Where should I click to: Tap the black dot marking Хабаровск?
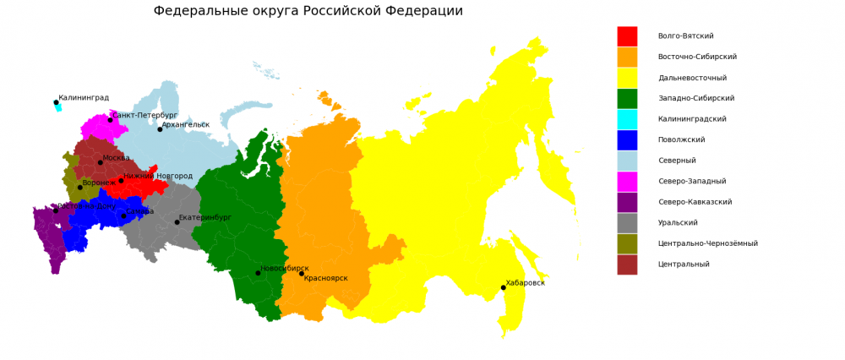pyautogui.click(x=504, y=287)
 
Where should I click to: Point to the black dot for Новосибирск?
pyautogui.click(x=259, y=273)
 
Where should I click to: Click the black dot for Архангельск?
pyautogui.click(x=160, y=129)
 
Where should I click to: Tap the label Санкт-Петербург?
pyautogui.click(x=144, y=115)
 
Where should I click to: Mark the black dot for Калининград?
pyautogui.click(x=57, y=102)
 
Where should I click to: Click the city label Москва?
pyautogui.click(x=116, y=158)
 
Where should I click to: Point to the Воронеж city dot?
pyautogui.click(x=80, y=188)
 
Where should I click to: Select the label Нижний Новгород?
pyautogui.click(x=158, y=177)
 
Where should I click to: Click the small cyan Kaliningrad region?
pyautogui.click(x=59, y=108)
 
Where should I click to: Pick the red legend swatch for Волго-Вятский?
pyautogui.click(x=627, y=36)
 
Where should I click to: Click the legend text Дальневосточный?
pyautogui.click(x=692, y=78)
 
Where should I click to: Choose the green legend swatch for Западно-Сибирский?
pyautogui.click(x=627, y=99)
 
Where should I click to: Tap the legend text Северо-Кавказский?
pyautogui.click(x=695, y=202)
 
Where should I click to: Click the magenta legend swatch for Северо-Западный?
pyautogui.click(x=627, y=182)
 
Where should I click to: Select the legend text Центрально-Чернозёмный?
pyautogui.click(x=707, y=243)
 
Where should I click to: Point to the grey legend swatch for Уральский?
pyautogui.click(x=627, y=223)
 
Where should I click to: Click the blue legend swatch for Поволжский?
pyautogui.click(x=627, y=140)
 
